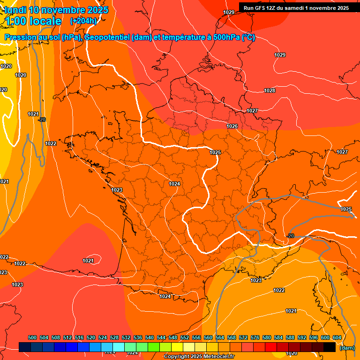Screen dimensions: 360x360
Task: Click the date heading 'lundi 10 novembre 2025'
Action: point(56,10)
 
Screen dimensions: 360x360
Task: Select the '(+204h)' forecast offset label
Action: point(83,21)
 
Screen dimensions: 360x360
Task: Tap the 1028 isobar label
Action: point(270,90)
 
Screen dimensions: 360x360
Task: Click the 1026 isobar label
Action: point(232,126)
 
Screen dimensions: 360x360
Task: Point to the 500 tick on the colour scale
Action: point(32,337)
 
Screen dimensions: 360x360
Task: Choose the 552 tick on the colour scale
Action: point(185,337)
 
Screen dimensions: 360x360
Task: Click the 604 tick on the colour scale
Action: point(337,337)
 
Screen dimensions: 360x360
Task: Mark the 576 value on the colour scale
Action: point(255,337)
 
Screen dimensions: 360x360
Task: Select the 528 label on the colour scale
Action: point(114,337)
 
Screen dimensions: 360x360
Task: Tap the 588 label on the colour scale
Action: point(290,337)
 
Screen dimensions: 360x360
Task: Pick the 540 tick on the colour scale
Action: point(150,337)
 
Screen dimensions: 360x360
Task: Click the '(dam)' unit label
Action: point(347,347)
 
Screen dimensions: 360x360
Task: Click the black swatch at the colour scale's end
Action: point(330,347)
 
